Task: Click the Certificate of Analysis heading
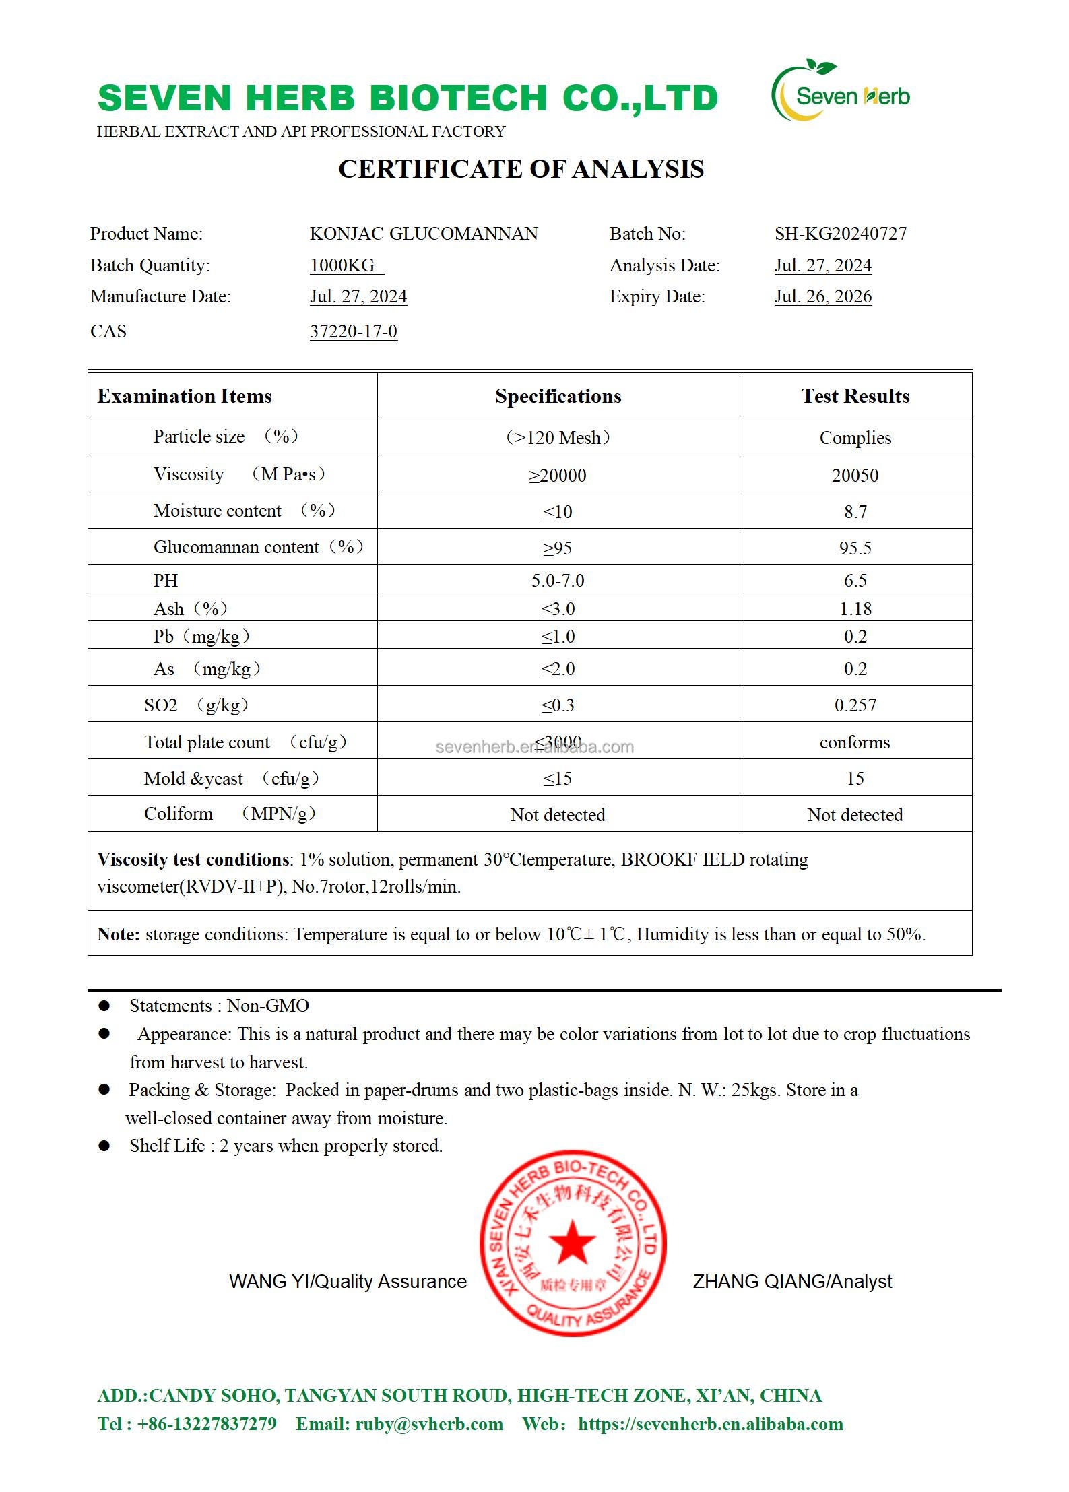(521, 169)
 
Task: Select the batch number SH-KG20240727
(840, 234)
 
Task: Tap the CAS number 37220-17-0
(353, 331)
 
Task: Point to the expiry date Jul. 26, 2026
(822, 296)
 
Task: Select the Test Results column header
(855, 396)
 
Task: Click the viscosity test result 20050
(855, 476)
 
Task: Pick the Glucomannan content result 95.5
(855, 548)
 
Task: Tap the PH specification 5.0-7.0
(558, 581)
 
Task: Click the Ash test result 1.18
(855, 609)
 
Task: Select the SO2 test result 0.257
(855, 705)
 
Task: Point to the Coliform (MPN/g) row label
(230, 814)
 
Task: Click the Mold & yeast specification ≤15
(558, 779)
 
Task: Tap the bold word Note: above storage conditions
(119, 934)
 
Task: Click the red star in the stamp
(573, 1241)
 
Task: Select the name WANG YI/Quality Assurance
(348, 1281)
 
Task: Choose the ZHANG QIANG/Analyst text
(792, 1281)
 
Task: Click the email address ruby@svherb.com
(428, 1423)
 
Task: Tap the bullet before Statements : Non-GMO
(104, 1006)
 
